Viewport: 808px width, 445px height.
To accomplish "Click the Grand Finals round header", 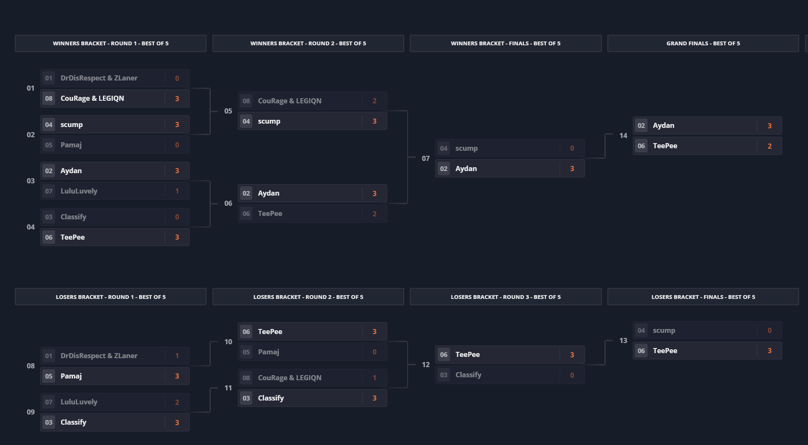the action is (703, 43).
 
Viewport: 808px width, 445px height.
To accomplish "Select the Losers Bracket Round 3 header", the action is (505, 297).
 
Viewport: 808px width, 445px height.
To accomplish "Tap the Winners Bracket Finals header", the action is (505, 43).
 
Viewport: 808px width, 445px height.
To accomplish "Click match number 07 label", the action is (425, 158).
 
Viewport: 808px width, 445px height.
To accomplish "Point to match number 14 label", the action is (623, 135).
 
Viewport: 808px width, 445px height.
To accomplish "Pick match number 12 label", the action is (425, 365).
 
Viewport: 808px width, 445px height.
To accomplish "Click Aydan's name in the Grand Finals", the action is (663, 125).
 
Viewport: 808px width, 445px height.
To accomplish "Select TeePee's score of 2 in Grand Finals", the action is (769, 146).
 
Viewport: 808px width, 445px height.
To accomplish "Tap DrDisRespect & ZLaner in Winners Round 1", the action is (99, 78).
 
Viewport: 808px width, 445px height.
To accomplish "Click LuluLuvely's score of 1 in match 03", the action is (177, 191).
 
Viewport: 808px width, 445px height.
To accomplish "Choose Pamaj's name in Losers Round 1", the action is (71, 376).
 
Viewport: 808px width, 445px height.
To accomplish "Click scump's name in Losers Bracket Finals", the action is (664, 330).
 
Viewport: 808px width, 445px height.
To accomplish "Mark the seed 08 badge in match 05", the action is (246, 101).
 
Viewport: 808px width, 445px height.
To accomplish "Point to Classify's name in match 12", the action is (468, 375).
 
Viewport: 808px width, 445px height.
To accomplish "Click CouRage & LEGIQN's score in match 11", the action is (375, 378).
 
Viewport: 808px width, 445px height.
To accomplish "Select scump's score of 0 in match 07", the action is (572, 148).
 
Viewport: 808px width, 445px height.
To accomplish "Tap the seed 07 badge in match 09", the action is (49, 402).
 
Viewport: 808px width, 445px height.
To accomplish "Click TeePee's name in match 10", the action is (270, 332).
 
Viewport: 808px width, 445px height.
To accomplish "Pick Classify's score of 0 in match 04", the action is (177, 217).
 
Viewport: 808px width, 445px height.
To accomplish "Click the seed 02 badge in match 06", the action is (246, 193).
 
